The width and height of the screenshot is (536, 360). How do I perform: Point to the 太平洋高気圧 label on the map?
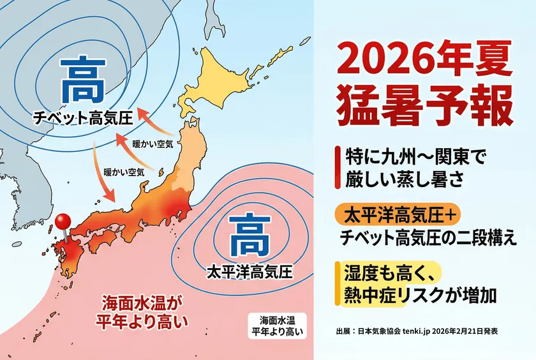249,271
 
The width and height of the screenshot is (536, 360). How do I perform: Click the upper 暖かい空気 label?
152,144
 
